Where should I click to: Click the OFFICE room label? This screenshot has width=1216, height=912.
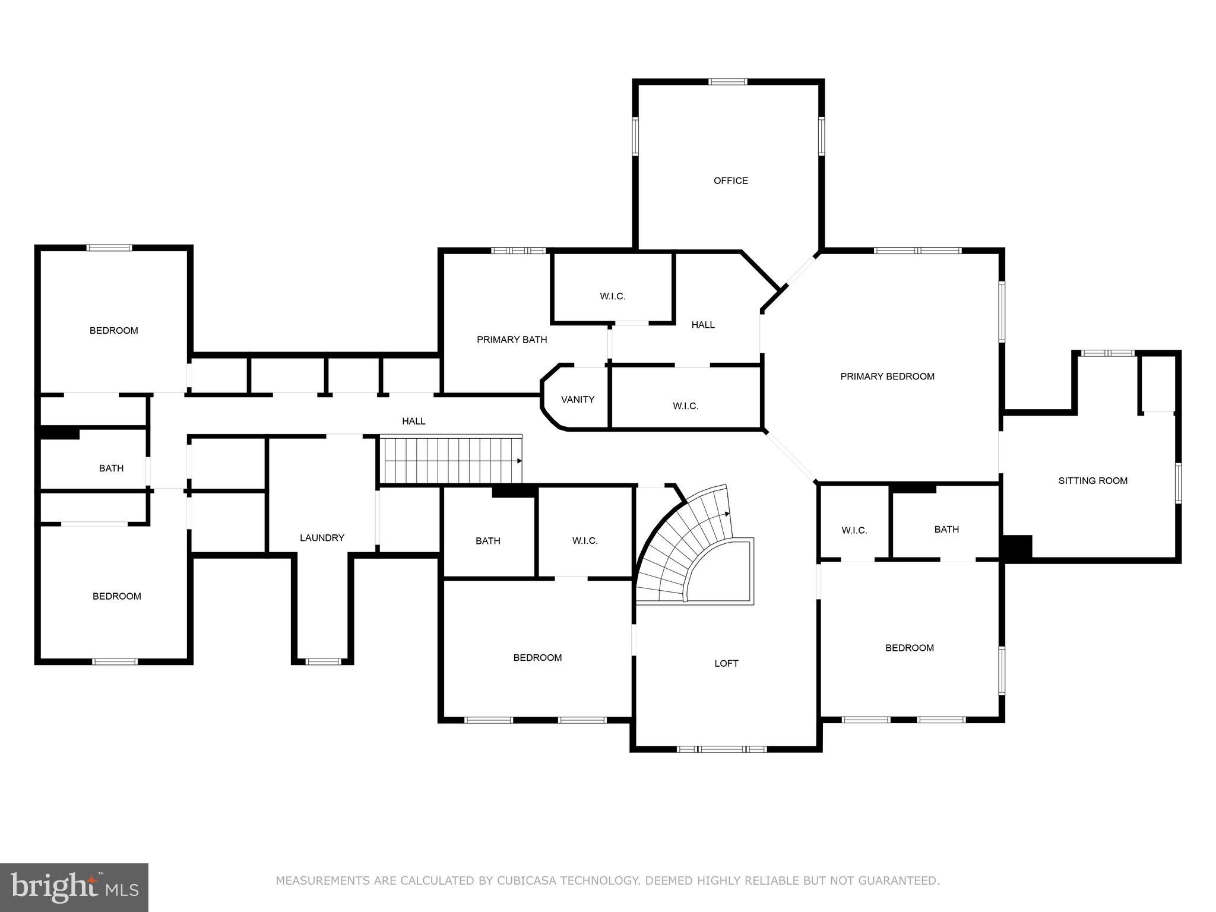tap(730, 180)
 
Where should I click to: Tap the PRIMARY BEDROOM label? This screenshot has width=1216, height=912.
tap(887, 376)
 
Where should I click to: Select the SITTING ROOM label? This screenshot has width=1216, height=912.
tap(1092, 481)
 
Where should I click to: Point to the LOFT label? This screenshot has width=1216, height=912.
tap(726, 663)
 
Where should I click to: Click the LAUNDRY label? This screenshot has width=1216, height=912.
tap(322, 538)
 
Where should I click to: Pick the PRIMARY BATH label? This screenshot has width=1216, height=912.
tap(512, 340)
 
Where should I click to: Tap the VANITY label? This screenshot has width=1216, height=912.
tap(578, 400)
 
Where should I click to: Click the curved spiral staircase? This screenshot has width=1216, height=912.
tap(683, 546)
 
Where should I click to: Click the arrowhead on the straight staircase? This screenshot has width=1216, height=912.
tap(519, 461)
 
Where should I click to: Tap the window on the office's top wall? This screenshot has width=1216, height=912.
tap(728, 82)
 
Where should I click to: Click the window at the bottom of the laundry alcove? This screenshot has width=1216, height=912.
tap(323, 661)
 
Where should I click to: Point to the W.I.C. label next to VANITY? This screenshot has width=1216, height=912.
tap(685, 406)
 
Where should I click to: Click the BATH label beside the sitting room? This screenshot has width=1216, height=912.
tap(946, 529)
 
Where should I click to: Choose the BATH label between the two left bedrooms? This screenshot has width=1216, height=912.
tap(111, 468)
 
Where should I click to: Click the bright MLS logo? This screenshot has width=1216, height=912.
tap(74, 887)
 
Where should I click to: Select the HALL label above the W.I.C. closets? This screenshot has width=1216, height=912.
tap(702, 325)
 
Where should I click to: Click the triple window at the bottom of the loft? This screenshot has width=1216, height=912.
tap(722, 749)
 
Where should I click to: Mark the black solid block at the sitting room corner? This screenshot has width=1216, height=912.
tap(1017, 546)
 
